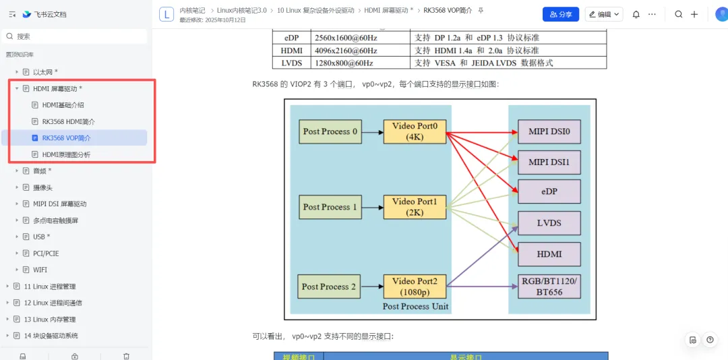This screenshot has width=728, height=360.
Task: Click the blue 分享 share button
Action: (x=560, y=14)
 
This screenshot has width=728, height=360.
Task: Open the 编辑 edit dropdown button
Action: (x=604, y=14)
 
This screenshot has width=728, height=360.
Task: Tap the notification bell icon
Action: (x=636, y=14)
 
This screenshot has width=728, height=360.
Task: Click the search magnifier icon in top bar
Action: (x=679, y=14)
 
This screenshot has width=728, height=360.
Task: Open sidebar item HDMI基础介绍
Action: (x=63, y=105)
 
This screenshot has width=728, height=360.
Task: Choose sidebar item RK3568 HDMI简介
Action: (x=68, y=121)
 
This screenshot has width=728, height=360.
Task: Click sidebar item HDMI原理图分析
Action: (x=66, y=154)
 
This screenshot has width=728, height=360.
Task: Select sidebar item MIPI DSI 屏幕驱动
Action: (x=59, y=204)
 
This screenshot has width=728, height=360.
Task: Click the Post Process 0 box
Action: (x=330, y=131)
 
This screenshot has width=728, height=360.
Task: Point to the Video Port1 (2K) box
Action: (x=415, y=206)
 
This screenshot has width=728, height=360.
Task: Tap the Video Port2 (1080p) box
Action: (x=415, y=286)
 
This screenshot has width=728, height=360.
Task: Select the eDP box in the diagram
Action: (x=549, y=191)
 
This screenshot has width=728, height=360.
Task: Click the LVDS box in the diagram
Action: (x=549, y=222)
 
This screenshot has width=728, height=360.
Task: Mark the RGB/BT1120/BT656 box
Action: (x=549, y=286)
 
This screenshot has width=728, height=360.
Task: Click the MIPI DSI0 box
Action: (x=549, y=131)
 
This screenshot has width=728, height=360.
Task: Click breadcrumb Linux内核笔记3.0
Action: (x=242, y=11)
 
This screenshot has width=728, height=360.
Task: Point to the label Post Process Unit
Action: (x=415, y=306)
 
